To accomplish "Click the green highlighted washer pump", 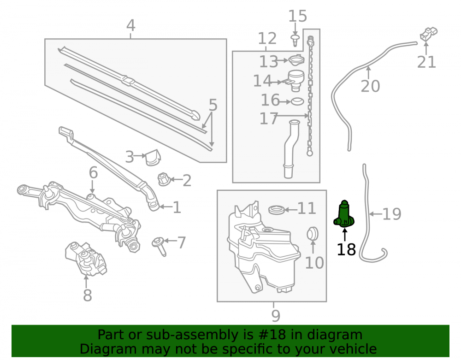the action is [344, 214].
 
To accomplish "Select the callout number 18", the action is [346, 250].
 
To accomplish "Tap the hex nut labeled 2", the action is [164, 179].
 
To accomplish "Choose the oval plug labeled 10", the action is [312, 234].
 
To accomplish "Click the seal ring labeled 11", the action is [276, 210].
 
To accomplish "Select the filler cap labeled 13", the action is [296, 60].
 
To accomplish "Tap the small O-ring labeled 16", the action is [297, 102].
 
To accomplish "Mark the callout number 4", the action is [131, 25].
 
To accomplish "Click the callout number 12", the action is [267, 39].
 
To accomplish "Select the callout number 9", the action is [276, 316].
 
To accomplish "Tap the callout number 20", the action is [370, 86].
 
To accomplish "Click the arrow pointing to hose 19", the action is [375, 214].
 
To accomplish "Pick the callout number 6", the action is [93, 172].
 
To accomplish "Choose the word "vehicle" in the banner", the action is [355, 349].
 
